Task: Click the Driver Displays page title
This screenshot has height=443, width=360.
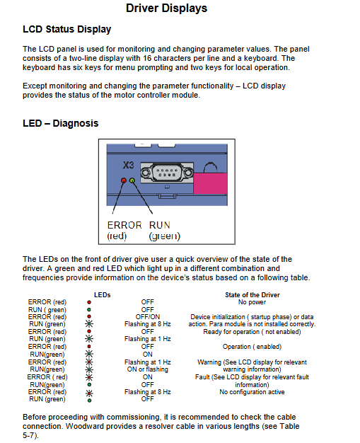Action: [166, 8]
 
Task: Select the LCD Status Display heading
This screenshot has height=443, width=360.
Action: [67, 30]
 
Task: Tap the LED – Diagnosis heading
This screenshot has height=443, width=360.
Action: [60, 123]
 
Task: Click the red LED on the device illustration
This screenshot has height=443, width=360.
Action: [124, 180]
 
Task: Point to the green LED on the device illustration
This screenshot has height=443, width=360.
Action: [132, 180]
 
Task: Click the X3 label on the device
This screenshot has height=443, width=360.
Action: [128, 165]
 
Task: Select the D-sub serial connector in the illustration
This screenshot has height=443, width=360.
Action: [167, 173]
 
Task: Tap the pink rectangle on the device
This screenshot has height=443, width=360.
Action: [210, 183]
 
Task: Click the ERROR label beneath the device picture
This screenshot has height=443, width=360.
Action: [124, 225]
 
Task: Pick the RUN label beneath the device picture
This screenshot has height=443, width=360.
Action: [160, 225]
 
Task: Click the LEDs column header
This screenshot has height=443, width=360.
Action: [103, 295]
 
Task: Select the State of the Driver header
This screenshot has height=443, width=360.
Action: [252, 295]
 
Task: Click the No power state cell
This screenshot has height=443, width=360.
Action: [252, 302]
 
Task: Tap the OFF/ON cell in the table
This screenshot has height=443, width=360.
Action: [147, 317]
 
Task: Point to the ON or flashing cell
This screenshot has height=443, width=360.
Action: [147, 369]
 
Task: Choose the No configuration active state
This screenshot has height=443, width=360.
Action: [252, 392]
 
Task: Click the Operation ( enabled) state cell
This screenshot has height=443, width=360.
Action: [252, 347]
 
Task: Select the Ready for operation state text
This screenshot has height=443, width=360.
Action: [252, 332]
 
